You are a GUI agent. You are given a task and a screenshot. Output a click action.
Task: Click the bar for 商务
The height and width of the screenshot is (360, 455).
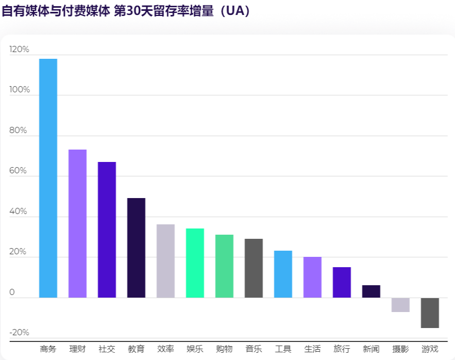(x=48, y=178)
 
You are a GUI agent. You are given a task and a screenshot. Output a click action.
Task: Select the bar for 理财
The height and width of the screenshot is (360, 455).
(x=77, y=223)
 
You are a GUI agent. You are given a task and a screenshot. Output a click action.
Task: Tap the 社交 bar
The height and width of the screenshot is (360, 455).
(x=107, y=230)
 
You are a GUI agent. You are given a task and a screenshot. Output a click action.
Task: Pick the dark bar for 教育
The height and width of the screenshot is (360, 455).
(x=136, y=248)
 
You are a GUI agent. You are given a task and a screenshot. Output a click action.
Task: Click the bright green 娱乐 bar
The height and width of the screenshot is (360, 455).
(x=195, y=263)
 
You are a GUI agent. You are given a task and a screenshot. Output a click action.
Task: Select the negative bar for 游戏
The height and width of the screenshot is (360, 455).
(x=430, y=313)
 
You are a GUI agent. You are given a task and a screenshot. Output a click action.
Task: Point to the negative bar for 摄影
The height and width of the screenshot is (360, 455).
(x=400, y=305)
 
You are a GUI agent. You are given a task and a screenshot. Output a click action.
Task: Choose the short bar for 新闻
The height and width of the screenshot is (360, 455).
(x=371, y=291)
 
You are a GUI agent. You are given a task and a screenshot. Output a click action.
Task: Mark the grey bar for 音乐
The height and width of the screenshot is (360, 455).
(x=254, y=268)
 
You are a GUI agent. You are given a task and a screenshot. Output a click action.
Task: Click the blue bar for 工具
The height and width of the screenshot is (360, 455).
(x=283, y=274)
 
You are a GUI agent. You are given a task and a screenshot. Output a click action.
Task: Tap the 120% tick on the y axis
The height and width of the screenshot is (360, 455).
(x=20, y=50)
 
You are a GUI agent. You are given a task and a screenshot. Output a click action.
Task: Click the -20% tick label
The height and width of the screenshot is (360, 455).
(x=20, y=332)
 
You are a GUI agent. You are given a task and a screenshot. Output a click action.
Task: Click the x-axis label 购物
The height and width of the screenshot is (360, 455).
(x=224, y=349)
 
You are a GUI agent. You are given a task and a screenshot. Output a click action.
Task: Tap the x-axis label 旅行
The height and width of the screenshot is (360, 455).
(x=342, y=349)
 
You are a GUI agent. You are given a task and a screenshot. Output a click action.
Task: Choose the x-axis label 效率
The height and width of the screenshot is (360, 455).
(x=165, y=349)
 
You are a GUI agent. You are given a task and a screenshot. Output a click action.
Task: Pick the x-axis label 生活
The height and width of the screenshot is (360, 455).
(x=312, y=349)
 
